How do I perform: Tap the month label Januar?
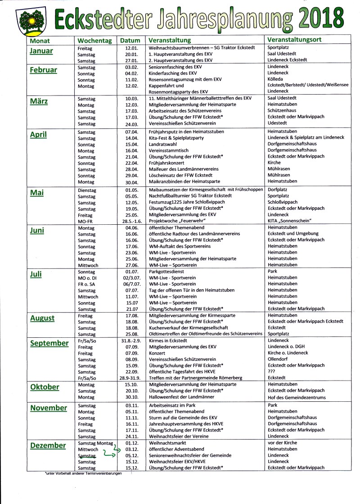(41, 51)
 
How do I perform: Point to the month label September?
(49, 343)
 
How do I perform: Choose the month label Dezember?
(48, 445)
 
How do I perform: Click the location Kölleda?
(276, 79)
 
